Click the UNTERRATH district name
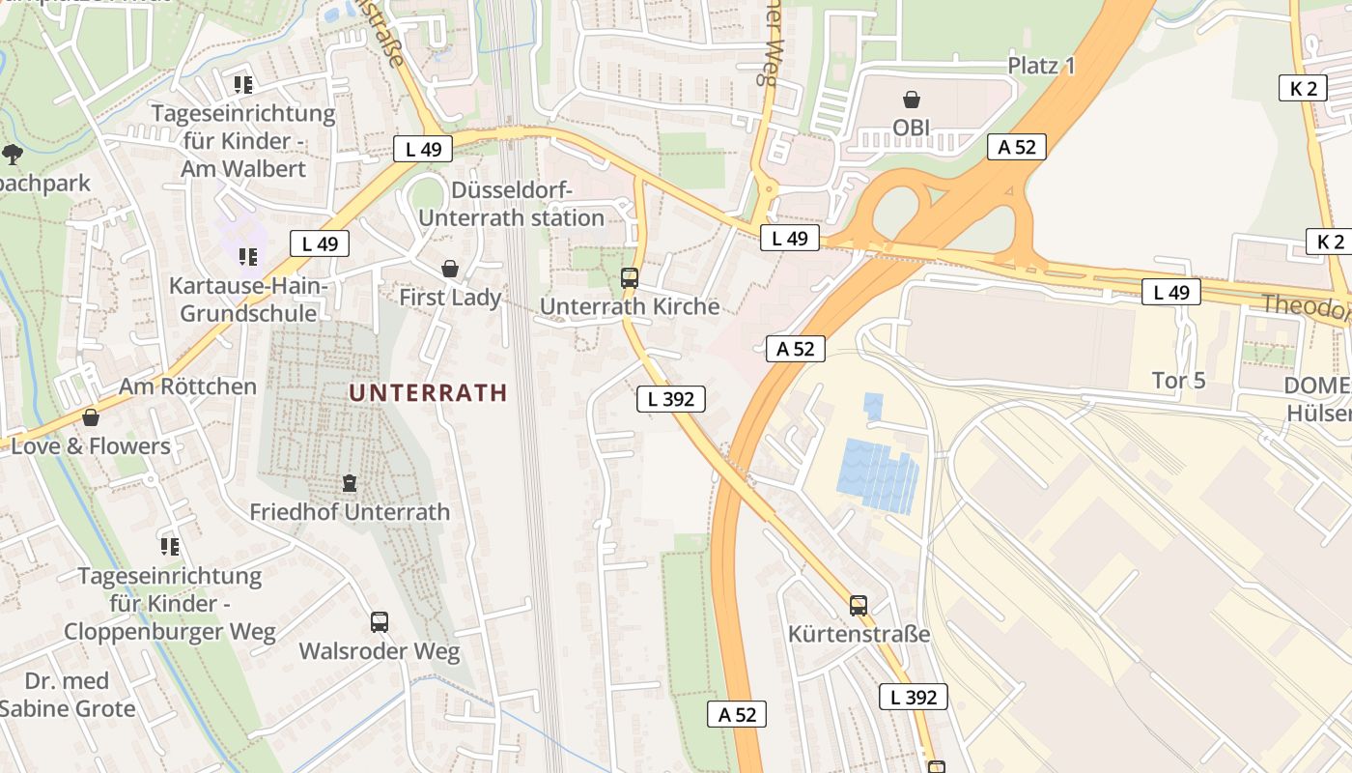click(428, 392)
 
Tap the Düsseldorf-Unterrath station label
click(512, 204)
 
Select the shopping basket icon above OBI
click(911, 100)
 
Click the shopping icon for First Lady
click(450, 269)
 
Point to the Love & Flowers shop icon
click(91, 418)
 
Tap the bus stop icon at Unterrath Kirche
click(630, 278)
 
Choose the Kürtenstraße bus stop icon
click(859, 606)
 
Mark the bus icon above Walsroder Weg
click(380, 622)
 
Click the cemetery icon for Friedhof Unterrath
click(350, 483)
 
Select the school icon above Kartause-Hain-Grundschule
click(248, 257)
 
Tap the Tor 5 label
click(1178, 381)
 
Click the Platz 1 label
click(1041, 66)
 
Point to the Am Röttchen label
click(187, 386)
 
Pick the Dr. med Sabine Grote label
click(68, 695)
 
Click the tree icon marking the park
click(13, 154)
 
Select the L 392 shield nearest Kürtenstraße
click(913, 697)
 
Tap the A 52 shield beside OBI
click(1017, 147)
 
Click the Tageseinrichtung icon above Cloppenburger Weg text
click(170, 547)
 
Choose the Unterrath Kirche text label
click(630, 306)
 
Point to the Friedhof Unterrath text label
click(350, 512)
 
